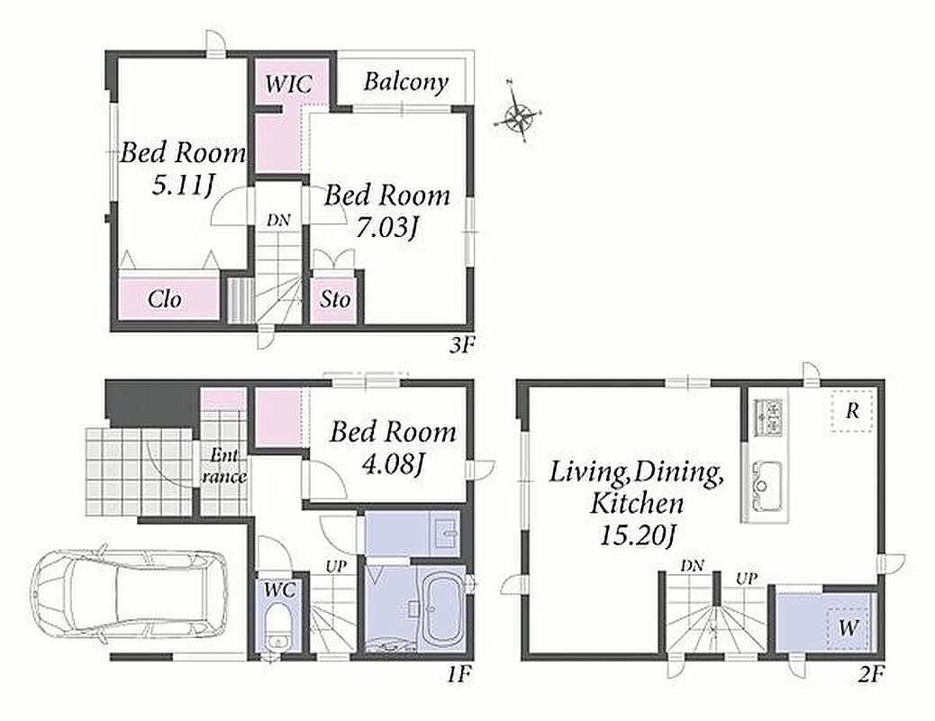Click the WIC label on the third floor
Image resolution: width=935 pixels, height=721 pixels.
[288, 84]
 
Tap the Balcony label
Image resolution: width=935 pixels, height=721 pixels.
[405, 82]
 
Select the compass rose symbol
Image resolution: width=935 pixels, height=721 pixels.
[518, 114]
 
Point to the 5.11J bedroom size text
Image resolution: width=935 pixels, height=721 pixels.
[183, 186]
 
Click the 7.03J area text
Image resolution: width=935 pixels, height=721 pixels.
[386, 227]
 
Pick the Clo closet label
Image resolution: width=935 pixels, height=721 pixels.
[165, 298]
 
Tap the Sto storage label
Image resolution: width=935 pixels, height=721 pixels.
[334, 298]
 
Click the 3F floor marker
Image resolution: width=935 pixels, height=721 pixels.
[460, 344]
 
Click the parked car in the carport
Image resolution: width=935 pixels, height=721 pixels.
[131, 598]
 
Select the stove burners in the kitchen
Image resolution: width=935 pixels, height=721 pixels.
[770, 417]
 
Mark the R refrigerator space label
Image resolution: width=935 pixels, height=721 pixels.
[853, 411]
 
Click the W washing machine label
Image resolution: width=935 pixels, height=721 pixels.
[849, 627]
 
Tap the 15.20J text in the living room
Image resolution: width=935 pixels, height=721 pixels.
[637, 536]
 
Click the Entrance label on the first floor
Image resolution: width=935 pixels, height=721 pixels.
[223, 466]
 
